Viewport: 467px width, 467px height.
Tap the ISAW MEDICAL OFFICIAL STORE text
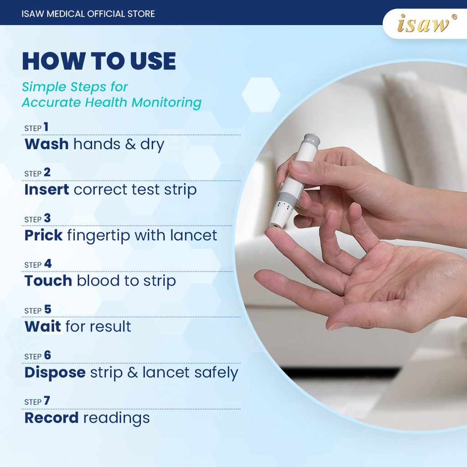pos(88,14)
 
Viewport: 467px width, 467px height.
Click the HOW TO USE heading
pos(99,61)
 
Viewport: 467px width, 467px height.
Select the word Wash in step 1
pos(47,144)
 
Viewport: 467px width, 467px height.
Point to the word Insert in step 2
pos(47,190)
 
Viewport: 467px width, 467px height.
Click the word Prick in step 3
pos(43,235)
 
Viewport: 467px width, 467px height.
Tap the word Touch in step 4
pos(48,281)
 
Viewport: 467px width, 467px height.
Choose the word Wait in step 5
pos(42,327)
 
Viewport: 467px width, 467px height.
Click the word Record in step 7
pos(52,418)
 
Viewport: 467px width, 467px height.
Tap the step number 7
pos(47,401)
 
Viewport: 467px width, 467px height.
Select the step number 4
pos(47,264)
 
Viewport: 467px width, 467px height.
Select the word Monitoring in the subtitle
pos(166,103)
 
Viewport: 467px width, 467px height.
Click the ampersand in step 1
pos(130,144)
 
